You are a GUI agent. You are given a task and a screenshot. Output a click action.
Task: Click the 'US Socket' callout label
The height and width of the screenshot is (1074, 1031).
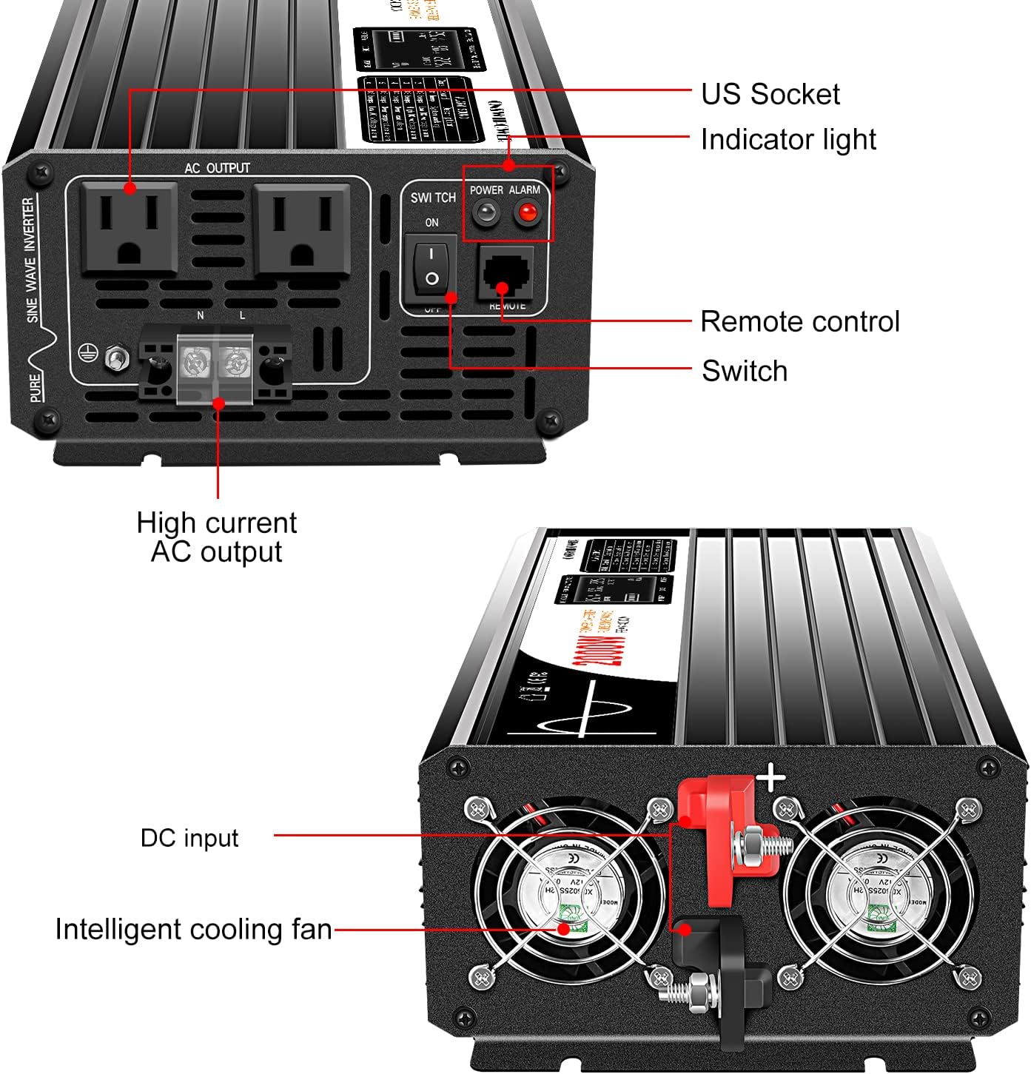[x=770, y=94]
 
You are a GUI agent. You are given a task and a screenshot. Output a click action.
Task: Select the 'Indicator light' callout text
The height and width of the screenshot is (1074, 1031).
[x=787, y=139]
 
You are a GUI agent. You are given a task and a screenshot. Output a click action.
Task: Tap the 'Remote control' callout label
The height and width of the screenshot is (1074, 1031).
[x=799, y=321]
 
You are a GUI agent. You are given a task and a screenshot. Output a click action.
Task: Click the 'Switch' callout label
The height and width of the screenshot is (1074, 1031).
[x=744, y=371]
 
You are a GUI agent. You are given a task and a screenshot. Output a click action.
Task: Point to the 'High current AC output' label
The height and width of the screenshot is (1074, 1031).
[x=216, y=537]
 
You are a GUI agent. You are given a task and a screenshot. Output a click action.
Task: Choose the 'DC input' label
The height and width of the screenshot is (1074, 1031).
[x=189, y=838]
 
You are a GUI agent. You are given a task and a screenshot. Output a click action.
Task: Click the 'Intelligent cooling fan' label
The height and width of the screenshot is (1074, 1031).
[x=193, y=930]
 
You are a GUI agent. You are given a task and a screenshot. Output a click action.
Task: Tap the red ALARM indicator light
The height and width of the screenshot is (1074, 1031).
[x=527, y=214]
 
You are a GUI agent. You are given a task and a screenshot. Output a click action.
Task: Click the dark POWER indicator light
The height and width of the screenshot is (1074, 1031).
[x=485, y=214]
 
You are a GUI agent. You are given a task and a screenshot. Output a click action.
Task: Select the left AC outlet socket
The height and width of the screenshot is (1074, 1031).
[x=130, y=228]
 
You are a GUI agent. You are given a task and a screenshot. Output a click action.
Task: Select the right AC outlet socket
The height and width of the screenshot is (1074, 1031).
[x=301, y=228]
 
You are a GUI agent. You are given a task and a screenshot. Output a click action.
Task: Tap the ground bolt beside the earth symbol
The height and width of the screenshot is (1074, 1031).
[x=115, y=358]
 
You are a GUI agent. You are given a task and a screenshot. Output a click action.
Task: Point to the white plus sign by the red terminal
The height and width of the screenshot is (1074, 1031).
[x=771, y=778]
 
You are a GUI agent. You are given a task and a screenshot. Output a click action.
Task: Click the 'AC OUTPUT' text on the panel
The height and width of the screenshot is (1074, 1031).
[x=217, y=168]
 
